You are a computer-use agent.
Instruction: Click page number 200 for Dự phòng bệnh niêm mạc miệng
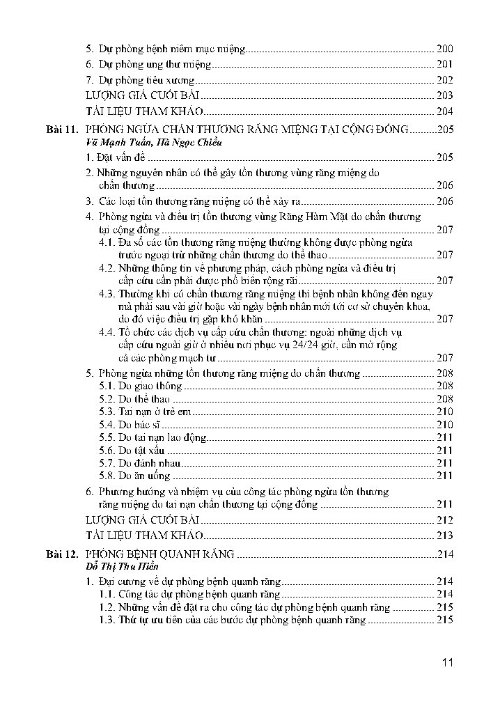(x=444, y=49)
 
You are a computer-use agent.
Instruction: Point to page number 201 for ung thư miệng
(x=444, y=64)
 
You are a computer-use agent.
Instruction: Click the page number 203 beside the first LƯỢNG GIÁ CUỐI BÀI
(x=444, y=95)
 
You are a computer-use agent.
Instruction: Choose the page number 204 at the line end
(x=444, y=111)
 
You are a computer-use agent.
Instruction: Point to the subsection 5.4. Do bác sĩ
(x=130, y=424)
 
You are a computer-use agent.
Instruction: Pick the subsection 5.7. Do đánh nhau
(x=139, y=463)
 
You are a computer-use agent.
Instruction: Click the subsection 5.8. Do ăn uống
(x=134, y=476)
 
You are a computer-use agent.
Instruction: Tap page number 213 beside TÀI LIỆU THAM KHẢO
(x=444, y=536)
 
